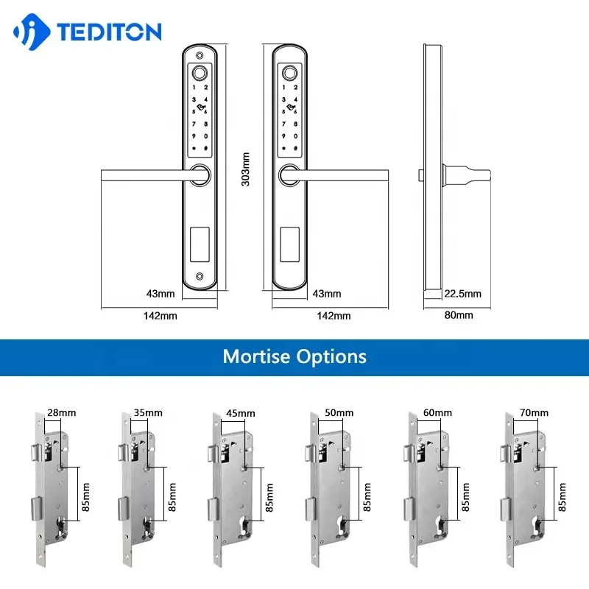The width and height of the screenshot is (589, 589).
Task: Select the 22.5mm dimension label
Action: tap(462, 294)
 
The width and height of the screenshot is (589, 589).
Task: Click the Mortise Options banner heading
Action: tap(294, 356)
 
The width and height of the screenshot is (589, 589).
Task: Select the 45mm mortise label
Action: tap(241, 413)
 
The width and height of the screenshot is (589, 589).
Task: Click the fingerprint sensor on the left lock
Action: tap(199, 74)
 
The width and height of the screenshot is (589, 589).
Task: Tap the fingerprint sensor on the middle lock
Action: tap(289, 74)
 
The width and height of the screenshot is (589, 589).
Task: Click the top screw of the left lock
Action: tap(199, 55)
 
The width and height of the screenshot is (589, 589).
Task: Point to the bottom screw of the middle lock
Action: tap(289, 277)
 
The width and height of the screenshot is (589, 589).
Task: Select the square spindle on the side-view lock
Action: tap(421, 175)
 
